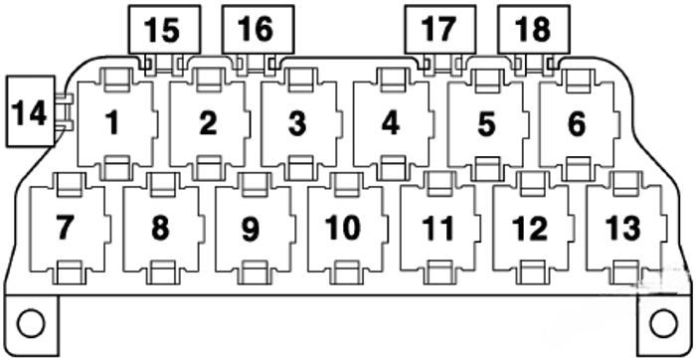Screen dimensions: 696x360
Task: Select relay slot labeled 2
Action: point(207,124)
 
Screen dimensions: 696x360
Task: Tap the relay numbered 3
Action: point(297,124)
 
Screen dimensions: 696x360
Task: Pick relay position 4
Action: point(390,124)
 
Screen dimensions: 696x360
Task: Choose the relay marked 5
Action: point(485,124)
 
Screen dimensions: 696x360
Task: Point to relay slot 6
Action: point(577,124)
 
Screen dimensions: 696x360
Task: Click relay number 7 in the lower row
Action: point(66,228)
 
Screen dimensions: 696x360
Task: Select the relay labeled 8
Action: point(160,228)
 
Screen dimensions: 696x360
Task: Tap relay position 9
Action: point(252,228)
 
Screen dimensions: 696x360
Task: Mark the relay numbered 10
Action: point(343,228)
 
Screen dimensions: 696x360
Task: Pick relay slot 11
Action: point(436,228)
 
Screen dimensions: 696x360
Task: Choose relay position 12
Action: point(529,228)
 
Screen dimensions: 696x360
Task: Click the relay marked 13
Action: point(623,228)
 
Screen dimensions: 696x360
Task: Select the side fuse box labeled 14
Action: point(30,112)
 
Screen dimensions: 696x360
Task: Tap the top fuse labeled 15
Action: point(162,29)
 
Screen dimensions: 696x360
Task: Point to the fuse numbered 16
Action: point(256,29)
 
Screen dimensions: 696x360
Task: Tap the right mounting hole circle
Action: point(662,322)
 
